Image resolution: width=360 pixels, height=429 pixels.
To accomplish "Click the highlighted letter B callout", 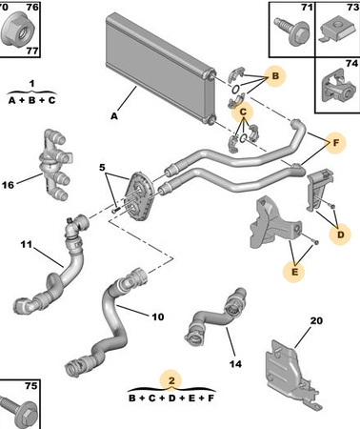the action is tap(275, 76).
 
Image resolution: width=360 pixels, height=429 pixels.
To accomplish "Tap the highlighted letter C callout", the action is tap(243, 112).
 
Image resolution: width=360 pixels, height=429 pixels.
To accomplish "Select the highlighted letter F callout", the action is tap(336, 143).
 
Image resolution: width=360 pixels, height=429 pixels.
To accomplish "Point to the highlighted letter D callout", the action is tap(340, 235).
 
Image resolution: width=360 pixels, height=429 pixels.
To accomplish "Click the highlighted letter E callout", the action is tap(294, 272).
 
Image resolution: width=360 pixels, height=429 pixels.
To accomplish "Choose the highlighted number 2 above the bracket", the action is tap(171, 380).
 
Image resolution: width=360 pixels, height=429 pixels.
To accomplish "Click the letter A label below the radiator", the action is tap(114, 116).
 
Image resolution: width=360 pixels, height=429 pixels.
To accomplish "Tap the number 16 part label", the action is tap(8, 185).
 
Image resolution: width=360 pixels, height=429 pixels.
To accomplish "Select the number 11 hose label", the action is tap(27, 244).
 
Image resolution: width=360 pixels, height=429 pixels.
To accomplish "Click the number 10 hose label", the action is tap(158, 317).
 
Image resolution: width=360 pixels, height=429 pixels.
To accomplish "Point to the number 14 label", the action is tap(235, 364).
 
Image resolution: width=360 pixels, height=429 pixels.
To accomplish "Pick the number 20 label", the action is tap(316, 320).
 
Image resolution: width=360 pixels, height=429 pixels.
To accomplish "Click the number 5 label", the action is tap(102, 167).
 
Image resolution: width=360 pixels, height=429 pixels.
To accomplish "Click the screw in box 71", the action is tap(292, 31).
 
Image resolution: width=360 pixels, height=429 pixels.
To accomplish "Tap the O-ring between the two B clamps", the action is tap(235, 89).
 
